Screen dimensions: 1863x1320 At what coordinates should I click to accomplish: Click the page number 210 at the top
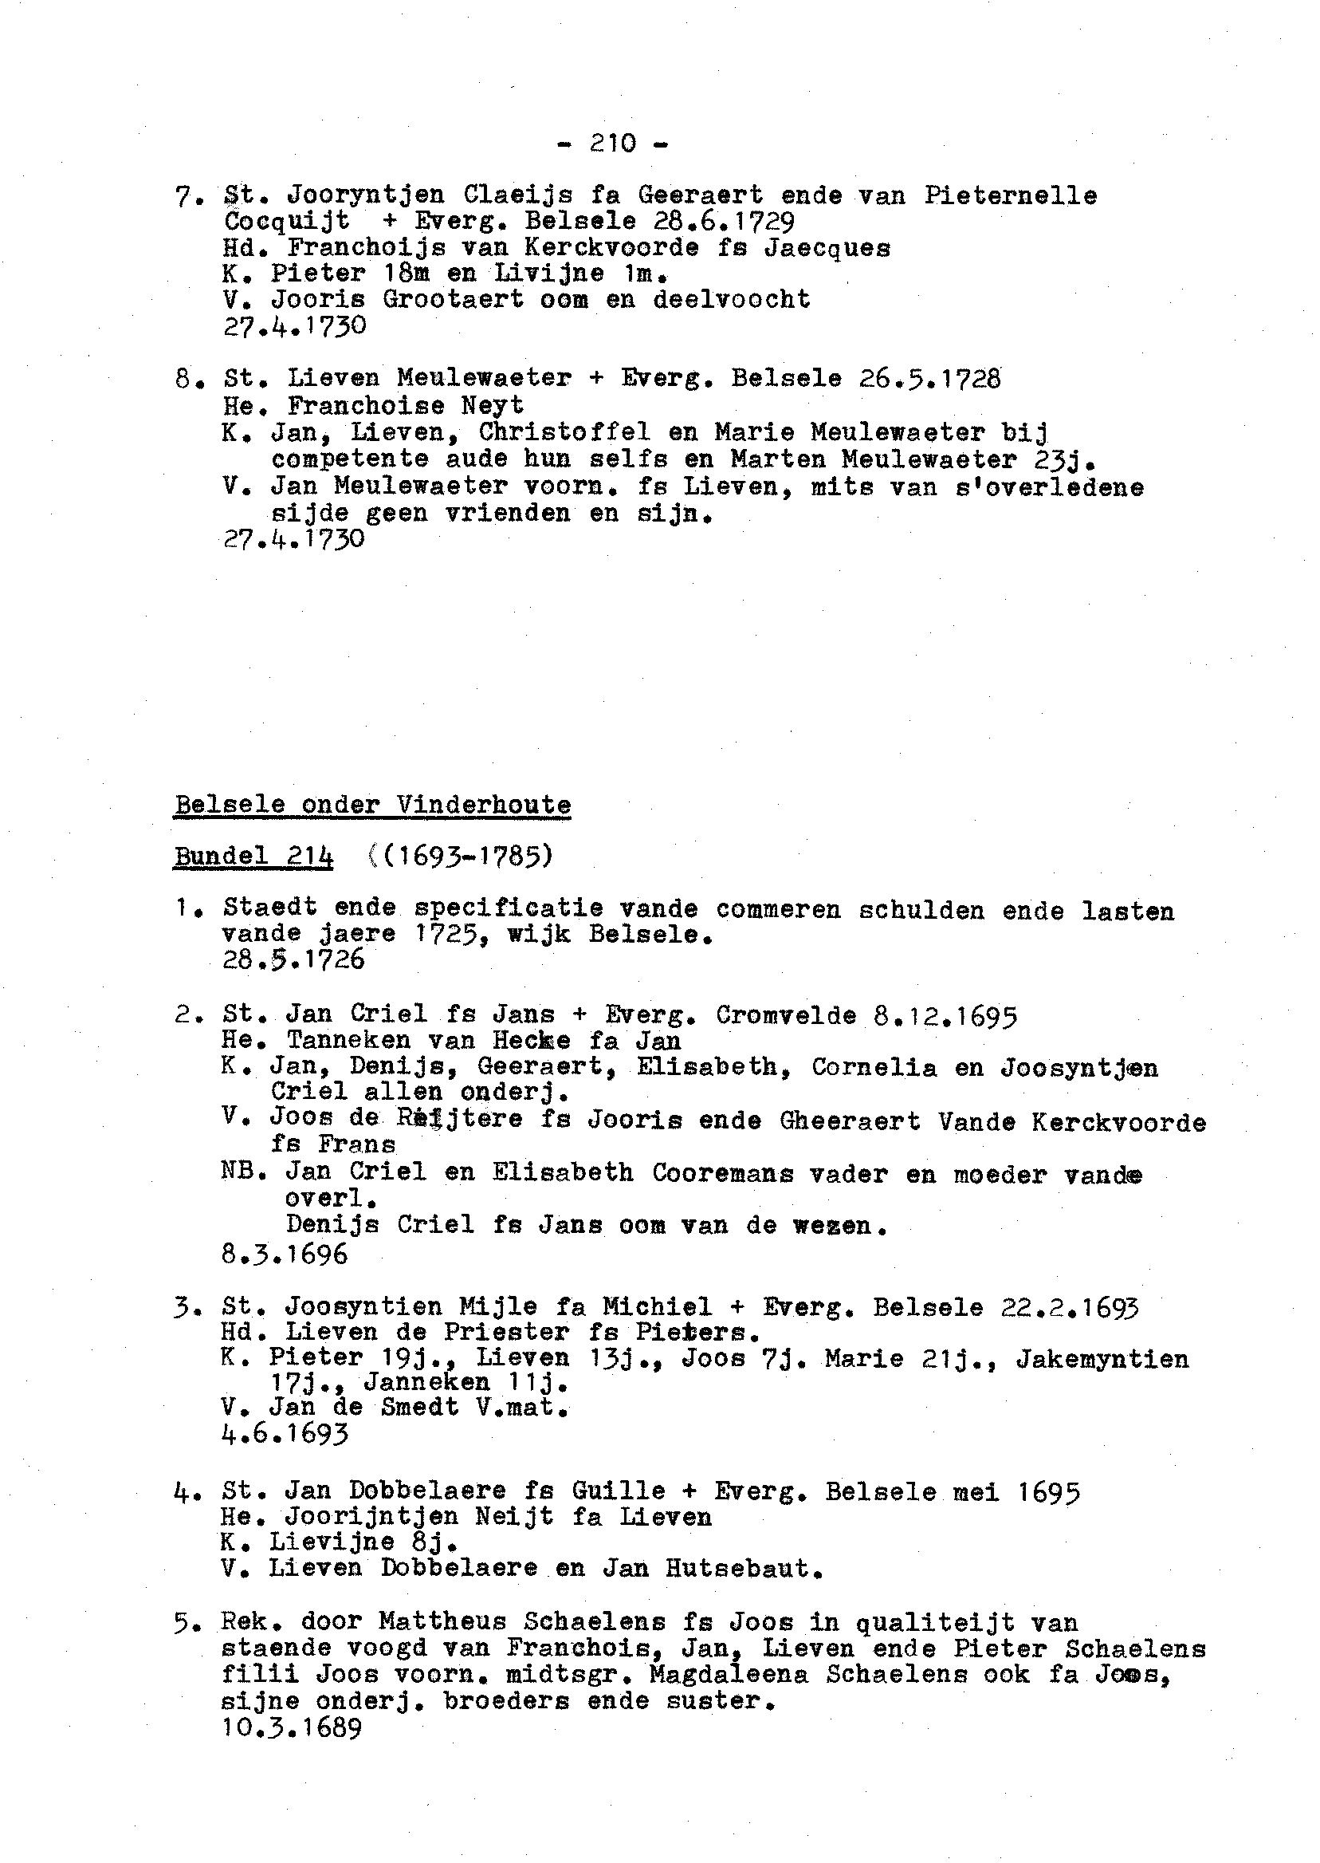(x=613, y=143)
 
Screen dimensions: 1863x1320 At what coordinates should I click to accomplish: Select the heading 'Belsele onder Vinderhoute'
(x=372, y=805)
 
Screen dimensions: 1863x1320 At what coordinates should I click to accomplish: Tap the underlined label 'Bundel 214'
(x=253, y=857)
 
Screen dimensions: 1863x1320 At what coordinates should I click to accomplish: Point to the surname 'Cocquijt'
(x=287, y=221)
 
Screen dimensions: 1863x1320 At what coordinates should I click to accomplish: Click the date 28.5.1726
(x=293, y=960)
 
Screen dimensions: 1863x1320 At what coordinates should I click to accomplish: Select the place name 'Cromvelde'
(x=786, y=1016)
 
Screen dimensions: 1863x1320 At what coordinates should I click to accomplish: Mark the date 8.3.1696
(x=285, y=1254)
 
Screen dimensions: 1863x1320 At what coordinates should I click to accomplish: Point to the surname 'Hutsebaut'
(x=738, y=1568)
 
